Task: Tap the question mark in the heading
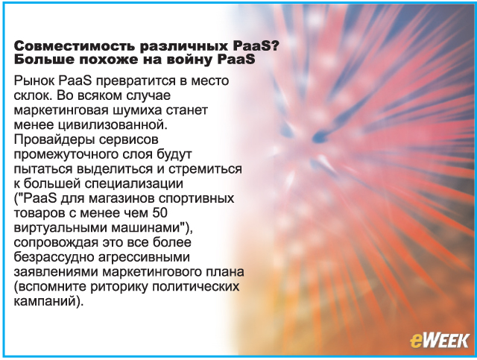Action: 276,46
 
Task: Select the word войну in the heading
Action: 189,60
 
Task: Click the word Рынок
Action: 34,81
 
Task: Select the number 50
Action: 160,213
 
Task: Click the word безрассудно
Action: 54,257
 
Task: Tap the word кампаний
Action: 45,302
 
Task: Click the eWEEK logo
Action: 439,340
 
